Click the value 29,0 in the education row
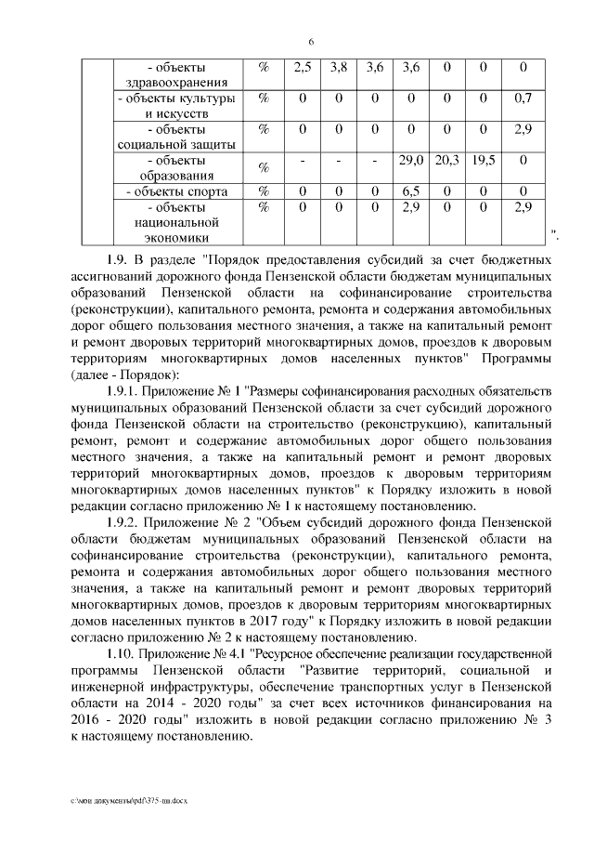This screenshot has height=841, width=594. (x=410, y=160)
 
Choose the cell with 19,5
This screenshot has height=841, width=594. (x=484, y=160)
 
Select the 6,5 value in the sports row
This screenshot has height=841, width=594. (x=410, y=191)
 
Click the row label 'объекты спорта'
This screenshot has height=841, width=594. (x=177, y=191)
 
